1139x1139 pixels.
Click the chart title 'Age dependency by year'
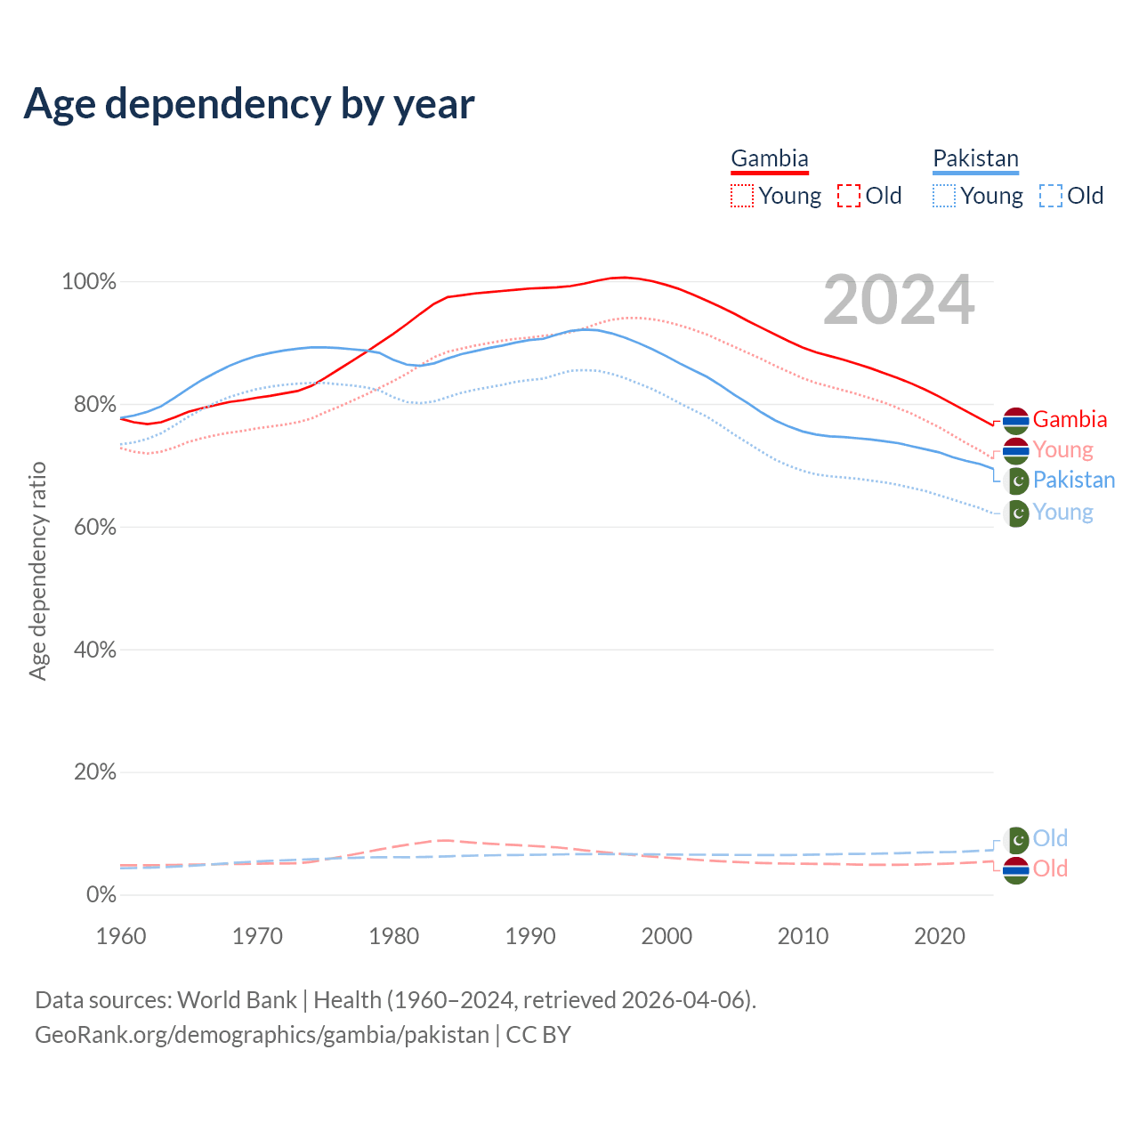coord(249,104)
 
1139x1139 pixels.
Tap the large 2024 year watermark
coord(899,301)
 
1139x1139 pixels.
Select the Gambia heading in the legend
coord(770,159)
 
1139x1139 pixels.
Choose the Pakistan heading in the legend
coord(975,159)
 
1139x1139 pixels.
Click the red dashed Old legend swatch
coord(849,196)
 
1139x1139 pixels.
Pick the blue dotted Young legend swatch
coord(944,196)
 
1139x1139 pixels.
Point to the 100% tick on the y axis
coord(89,282)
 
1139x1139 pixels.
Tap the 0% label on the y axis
coord(101,894)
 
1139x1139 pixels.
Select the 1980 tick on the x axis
coord(394,936)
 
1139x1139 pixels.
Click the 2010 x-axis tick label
coord(803,936)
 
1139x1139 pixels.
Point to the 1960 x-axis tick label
coord(121,936)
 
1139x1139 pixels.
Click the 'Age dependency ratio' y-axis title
coord(37,570)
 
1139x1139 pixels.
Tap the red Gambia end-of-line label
coord(1070,419)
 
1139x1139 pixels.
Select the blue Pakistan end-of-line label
coord(1073,480)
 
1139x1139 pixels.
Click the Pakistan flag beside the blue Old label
coord(1016,839)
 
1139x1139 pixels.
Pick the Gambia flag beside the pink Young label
coord(1016,450)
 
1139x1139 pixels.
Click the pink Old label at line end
coord(1050,868)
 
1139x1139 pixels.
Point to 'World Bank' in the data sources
coord(237,1000)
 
